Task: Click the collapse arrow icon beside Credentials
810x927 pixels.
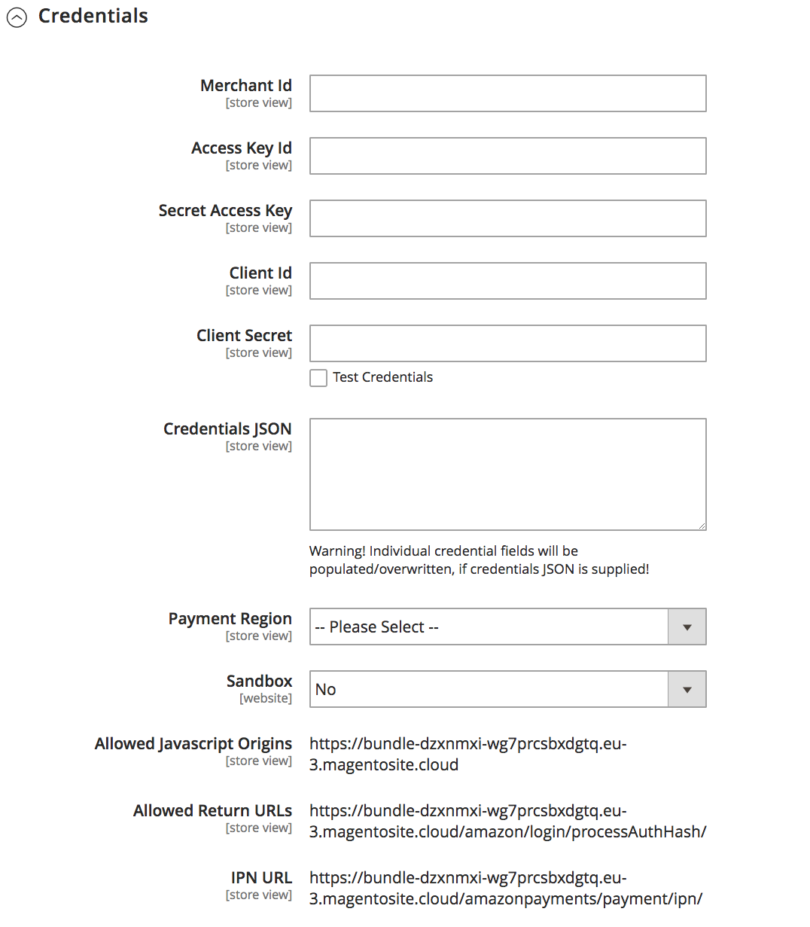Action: click(x=17, y=18)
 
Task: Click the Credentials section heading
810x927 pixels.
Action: click(x=93, y=16)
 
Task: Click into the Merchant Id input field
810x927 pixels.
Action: click(x=507, y=93)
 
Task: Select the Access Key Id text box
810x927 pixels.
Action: click(x=507, y=156)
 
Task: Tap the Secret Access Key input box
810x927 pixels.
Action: click(x=507, y=218)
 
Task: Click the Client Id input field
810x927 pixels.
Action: click(x=507, y=281)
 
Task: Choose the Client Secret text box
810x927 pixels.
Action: click(x=507, y=343)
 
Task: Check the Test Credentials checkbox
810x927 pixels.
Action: click(x=318, y=378)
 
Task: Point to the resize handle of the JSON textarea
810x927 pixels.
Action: click(x=702, y=526)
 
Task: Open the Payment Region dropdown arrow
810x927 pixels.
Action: click(x=687, y=627)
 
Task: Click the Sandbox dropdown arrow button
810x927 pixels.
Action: click(x=687, y=690)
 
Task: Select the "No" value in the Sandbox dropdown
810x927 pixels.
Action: click(x=326, y=690)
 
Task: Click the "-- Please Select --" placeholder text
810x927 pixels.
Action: click(x=376, y=627)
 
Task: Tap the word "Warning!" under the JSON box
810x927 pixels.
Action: click(x=337, y=551)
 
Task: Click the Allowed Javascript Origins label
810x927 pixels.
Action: click(x=193, y=744)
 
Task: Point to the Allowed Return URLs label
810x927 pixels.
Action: click(x=212, y=811)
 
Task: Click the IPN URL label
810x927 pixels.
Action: click(x=261, y=878)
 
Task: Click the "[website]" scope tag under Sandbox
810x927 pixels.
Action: click(x=266, y=699)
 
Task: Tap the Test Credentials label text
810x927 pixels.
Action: click(x=382, y=377)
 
